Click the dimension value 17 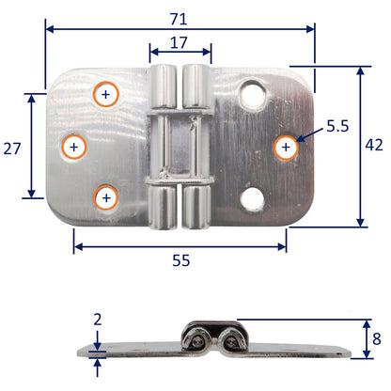pyautogui.click(x=180, y=42)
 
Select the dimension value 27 pyautogui.click(x=12, y=148)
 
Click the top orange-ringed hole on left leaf pyautogui.click(x=105, y=95)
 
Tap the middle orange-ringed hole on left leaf pyautogui.click(x=75, y=147)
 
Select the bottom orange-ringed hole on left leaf pyautogui.click(x=105, y=197)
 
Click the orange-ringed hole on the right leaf pyautogui.click(x=285, y=147)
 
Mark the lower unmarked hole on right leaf pyautogui.click(x=251, y=198)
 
